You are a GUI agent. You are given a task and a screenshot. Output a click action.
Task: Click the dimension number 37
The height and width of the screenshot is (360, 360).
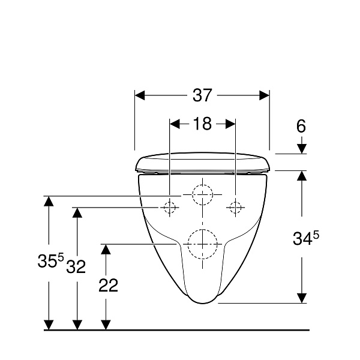(202, 95)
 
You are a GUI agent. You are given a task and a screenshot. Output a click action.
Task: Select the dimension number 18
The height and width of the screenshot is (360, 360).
(202, 124)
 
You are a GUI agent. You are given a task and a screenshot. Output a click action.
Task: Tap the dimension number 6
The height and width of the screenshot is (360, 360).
(301, 126)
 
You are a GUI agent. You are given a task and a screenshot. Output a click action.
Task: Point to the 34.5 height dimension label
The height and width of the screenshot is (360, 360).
(305, 238)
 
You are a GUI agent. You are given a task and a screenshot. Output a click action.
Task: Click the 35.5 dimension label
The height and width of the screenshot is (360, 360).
(50, 260)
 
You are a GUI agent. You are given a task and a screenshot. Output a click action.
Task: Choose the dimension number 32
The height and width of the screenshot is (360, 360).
(76, 266)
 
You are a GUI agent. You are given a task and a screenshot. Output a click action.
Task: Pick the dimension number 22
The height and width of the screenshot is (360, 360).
(108, 285)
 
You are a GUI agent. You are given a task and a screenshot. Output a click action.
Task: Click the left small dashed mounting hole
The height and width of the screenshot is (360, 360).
(169, 208)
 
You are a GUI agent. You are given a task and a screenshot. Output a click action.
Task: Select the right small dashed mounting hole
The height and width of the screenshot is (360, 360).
(236, 208)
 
